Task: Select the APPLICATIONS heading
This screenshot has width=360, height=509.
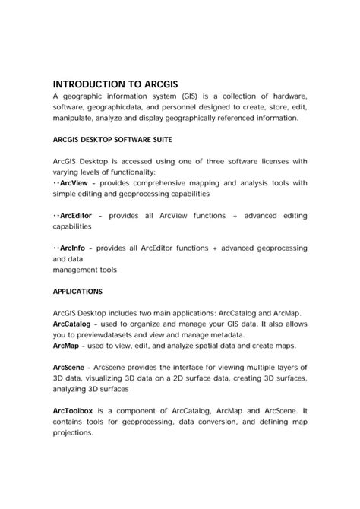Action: pos(78,291)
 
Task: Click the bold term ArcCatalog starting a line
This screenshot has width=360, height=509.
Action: pos(74,324)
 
